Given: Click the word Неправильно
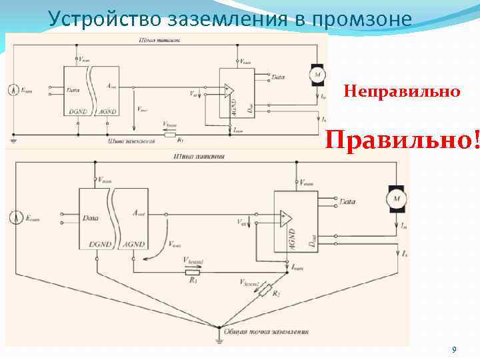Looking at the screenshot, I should pyautogui.click(x=401, y=91).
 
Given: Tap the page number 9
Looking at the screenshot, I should pyautogui.click(x=454, y=350).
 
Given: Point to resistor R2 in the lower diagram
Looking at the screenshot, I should pyautogui.click(x=267, y=290).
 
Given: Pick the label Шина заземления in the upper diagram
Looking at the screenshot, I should pyautogui.click(x=131, y=141).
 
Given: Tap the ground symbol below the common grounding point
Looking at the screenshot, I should pyautogui.click(x=219, y=341).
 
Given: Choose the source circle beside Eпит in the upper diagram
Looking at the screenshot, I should pyautogui.click(x=13, y=89).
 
